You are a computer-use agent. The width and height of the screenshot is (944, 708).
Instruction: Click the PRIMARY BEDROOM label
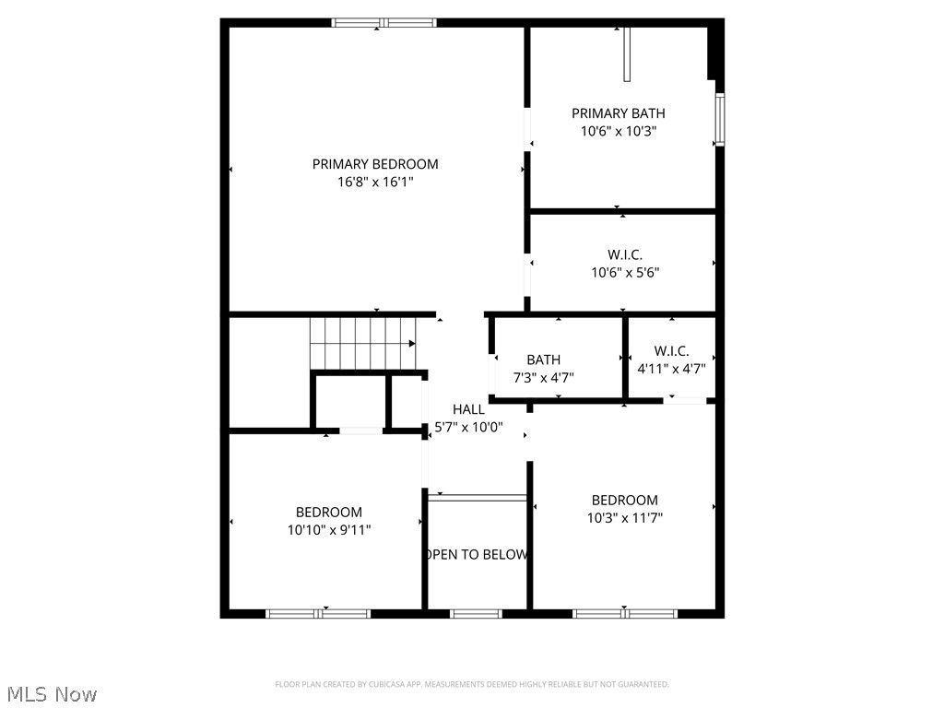(375, 164)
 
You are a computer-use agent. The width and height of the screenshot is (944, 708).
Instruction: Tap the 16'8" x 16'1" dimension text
(375, 183)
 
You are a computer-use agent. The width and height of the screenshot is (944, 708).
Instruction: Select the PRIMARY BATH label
(618, 113)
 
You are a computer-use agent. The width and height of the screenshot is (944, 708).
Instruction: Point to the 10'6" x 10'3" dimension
(618, 132)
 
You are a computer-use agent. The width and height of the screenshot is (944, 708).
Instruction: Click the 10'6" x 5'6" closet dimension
(625, 272)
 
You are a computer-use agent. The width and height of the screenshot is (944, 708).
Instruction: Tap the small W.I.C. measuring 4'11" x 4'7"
(671, 351)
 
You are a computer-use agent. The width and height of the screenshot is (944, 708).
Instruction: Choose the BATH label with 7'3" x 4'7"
(543, 360)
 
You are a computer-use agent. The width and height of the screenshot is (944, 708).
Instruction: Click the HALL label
(468, 409)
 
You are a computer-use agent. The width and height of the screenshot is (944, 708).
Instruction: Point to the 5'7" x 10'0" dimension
(468, 427)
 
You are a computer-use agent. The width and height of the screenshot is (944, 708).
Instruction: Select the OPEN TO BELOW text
(477, 554)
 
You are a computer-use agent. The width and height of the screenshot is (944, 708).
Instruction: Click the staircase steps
(361, 342)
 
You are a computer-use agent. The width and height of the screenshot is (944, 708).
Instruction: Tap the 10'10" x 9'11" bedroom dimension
(329, 529)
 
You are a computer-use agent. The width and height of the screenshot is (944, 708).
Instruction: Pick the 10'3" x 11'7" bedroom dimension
(625, 518)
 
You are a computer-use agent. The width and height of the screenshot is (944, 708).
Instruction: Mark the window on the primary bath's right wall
(720, 119)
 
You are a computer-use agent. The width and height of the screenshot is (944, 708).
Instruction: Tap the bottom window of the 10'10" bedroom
(318, 613)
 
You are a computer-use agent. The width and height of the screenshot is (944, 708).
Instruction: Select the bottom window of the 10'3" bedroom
(625, 613)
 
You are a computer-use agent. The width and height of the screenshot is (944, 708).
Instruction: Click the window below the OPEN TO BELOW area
(477, 613)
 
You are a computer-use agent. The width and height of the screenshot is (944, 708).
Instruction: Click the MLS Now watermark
(52, 693)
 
